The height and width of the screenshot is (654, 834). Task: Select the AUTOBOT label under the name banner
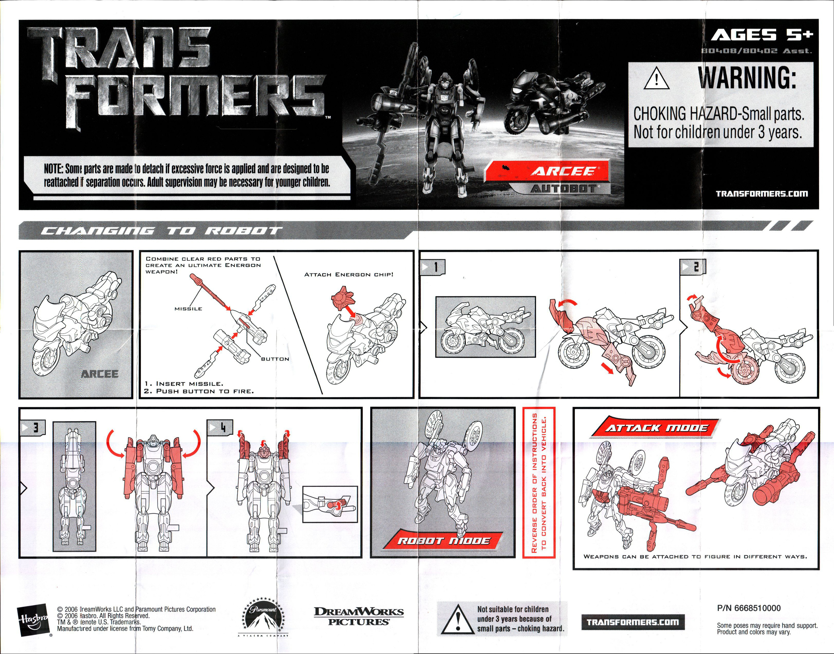pyautogui.click(x=563, y=189)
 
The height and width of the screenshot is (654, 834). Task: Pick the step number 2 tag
pyautogui.click(x=692, y=267)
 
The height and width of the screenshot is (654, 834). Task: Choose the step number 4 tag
pyautogui.click(x=220, y=427)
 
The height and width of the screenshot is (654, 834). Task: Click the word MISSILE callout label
pyautogui.click(x=188, y=309)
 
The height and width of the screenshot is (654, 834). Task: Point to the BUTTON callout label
pyautogui.click(x=275, y=359)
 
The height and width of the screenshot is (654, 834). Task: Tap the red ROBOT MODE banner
pyautogui.click(x=443, y=541)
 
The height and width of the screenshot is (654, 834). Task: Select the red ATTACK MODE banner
pyautogui.click(x=656, y=428)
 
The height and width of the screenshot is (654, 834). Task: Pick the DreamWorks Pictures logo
pyautogui.click(x=359, y=616)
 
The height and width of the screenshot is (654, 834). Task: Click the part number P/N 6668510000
pyautogui.click(x=748, y=608)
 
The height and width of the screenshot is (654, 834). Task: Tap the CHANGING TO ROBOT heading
pyautogui.click(x=161, y=231)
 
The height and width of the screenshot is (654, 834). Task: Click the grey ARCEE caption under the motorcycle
pyautogui.click(x=100, y=374)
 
